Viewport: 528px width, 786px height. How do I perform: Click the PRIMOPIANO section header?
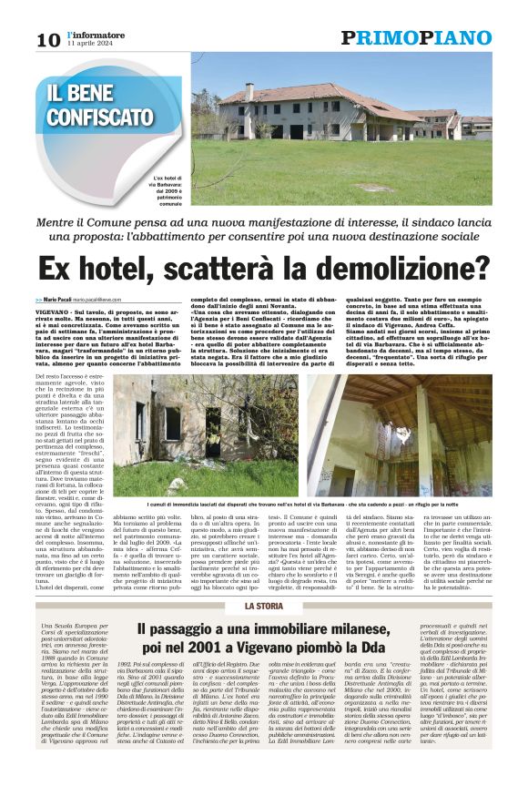click(x=416, y=37)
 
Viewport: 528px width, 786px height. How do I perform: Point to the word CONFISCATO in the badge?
click(x=101, y=117)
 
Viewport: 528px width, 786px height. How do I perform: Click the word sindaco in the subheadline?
click(x=432, y=221)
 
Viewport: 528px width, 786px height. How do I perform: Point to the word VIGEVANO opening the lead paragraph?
click(x=54, y=311)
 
